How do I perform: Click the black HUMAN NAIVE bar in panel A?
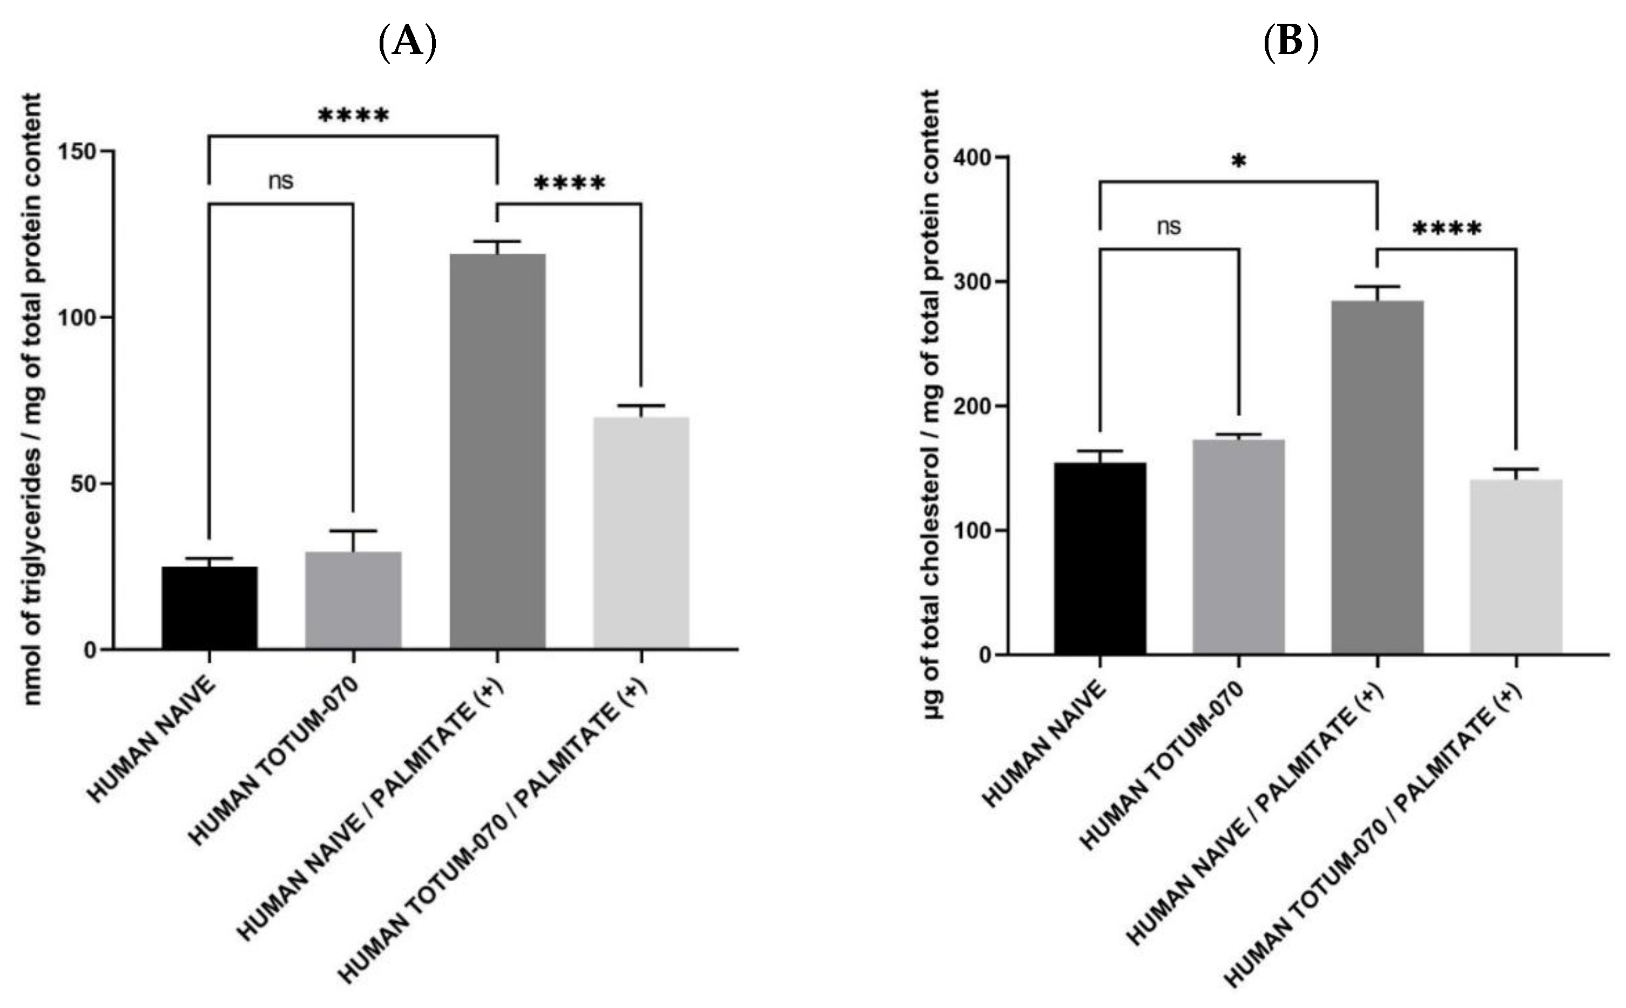(x=210, y=607)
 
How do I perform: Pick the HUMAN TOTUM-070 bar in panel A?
(x=353, y=600)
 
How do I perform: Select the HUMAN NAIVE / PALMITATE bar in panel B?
(x=1378, y=477)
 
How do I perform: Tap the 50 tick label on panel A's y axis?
(x=84, y=484)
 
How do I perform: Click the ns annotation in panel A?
(x=281, y=181)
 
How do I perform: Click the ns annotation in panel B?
(x=1169, y=227)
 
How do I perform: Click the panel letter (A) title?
(x=407, y=43)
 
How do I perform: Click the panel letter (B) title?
(x=1291, y=43)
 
